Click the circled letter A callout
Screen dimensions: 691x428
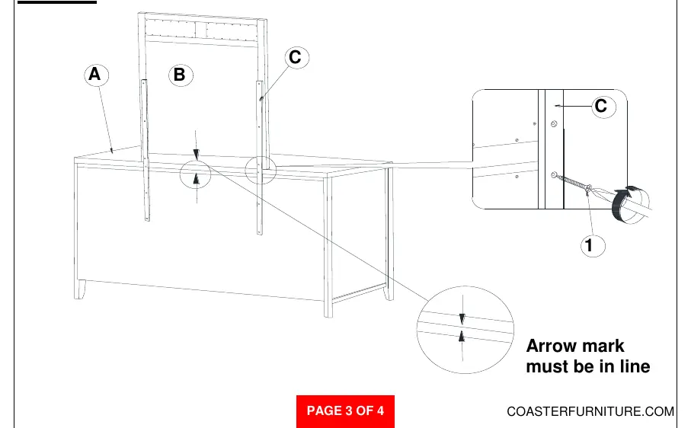tap(96, 75)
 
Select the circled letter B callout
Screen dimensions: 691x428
tap(181, 75)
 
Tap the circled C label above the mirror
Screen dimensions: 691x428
tap(296, 57)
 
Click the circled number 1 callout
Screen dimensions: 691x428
tap(593, 245)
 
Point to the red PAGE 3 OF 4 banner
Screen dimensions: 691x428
tap(345, 411)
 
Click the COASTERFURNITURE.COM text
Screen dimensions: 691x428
tap(590, 411)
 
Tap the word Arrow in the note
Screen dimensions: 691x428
tap(553, 346)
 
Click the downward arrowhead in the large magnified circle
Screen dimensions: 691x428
tap(462, 319)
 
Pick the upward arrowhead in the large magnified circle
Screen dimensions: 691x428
tap(462, 337)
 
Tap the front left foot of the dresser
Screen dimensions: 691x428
tap(80, 289)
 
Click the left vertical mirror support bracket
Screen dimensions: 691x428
tap(145, 150)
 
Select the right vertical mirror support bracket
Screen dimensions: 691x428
tap(260, 158)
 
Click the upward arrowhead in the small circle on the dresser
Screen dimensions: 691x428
tap(196, 178)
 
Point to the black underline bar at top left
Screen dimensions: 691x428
tap(57, 2)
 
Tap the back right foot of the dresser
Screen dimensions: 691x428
tap(389, 292)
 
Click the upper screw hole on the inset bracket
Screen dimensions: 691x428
tap(554, 124)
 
